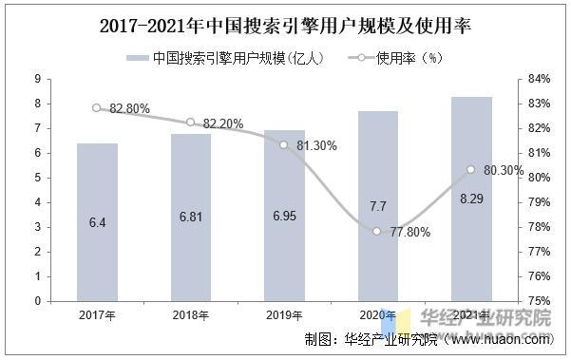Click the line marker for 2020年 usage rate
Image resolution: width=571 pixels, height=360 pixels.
pos(377,231)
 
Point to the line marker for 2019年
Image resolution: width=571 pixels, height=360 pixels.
pos(284,144)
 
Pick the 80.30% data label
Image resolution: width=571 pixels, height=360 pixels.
pos(504,171)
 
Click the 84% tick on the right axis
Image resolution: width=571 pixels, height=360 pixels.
pos(536,79)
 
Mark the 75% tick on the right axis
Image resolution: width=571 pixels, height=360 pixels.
pos(536,301)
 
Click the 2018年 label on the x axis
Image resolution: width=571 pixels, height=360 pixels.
pos(191,315)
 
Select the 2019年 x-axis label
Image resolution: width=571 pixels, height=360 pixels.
pos(284,315)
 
